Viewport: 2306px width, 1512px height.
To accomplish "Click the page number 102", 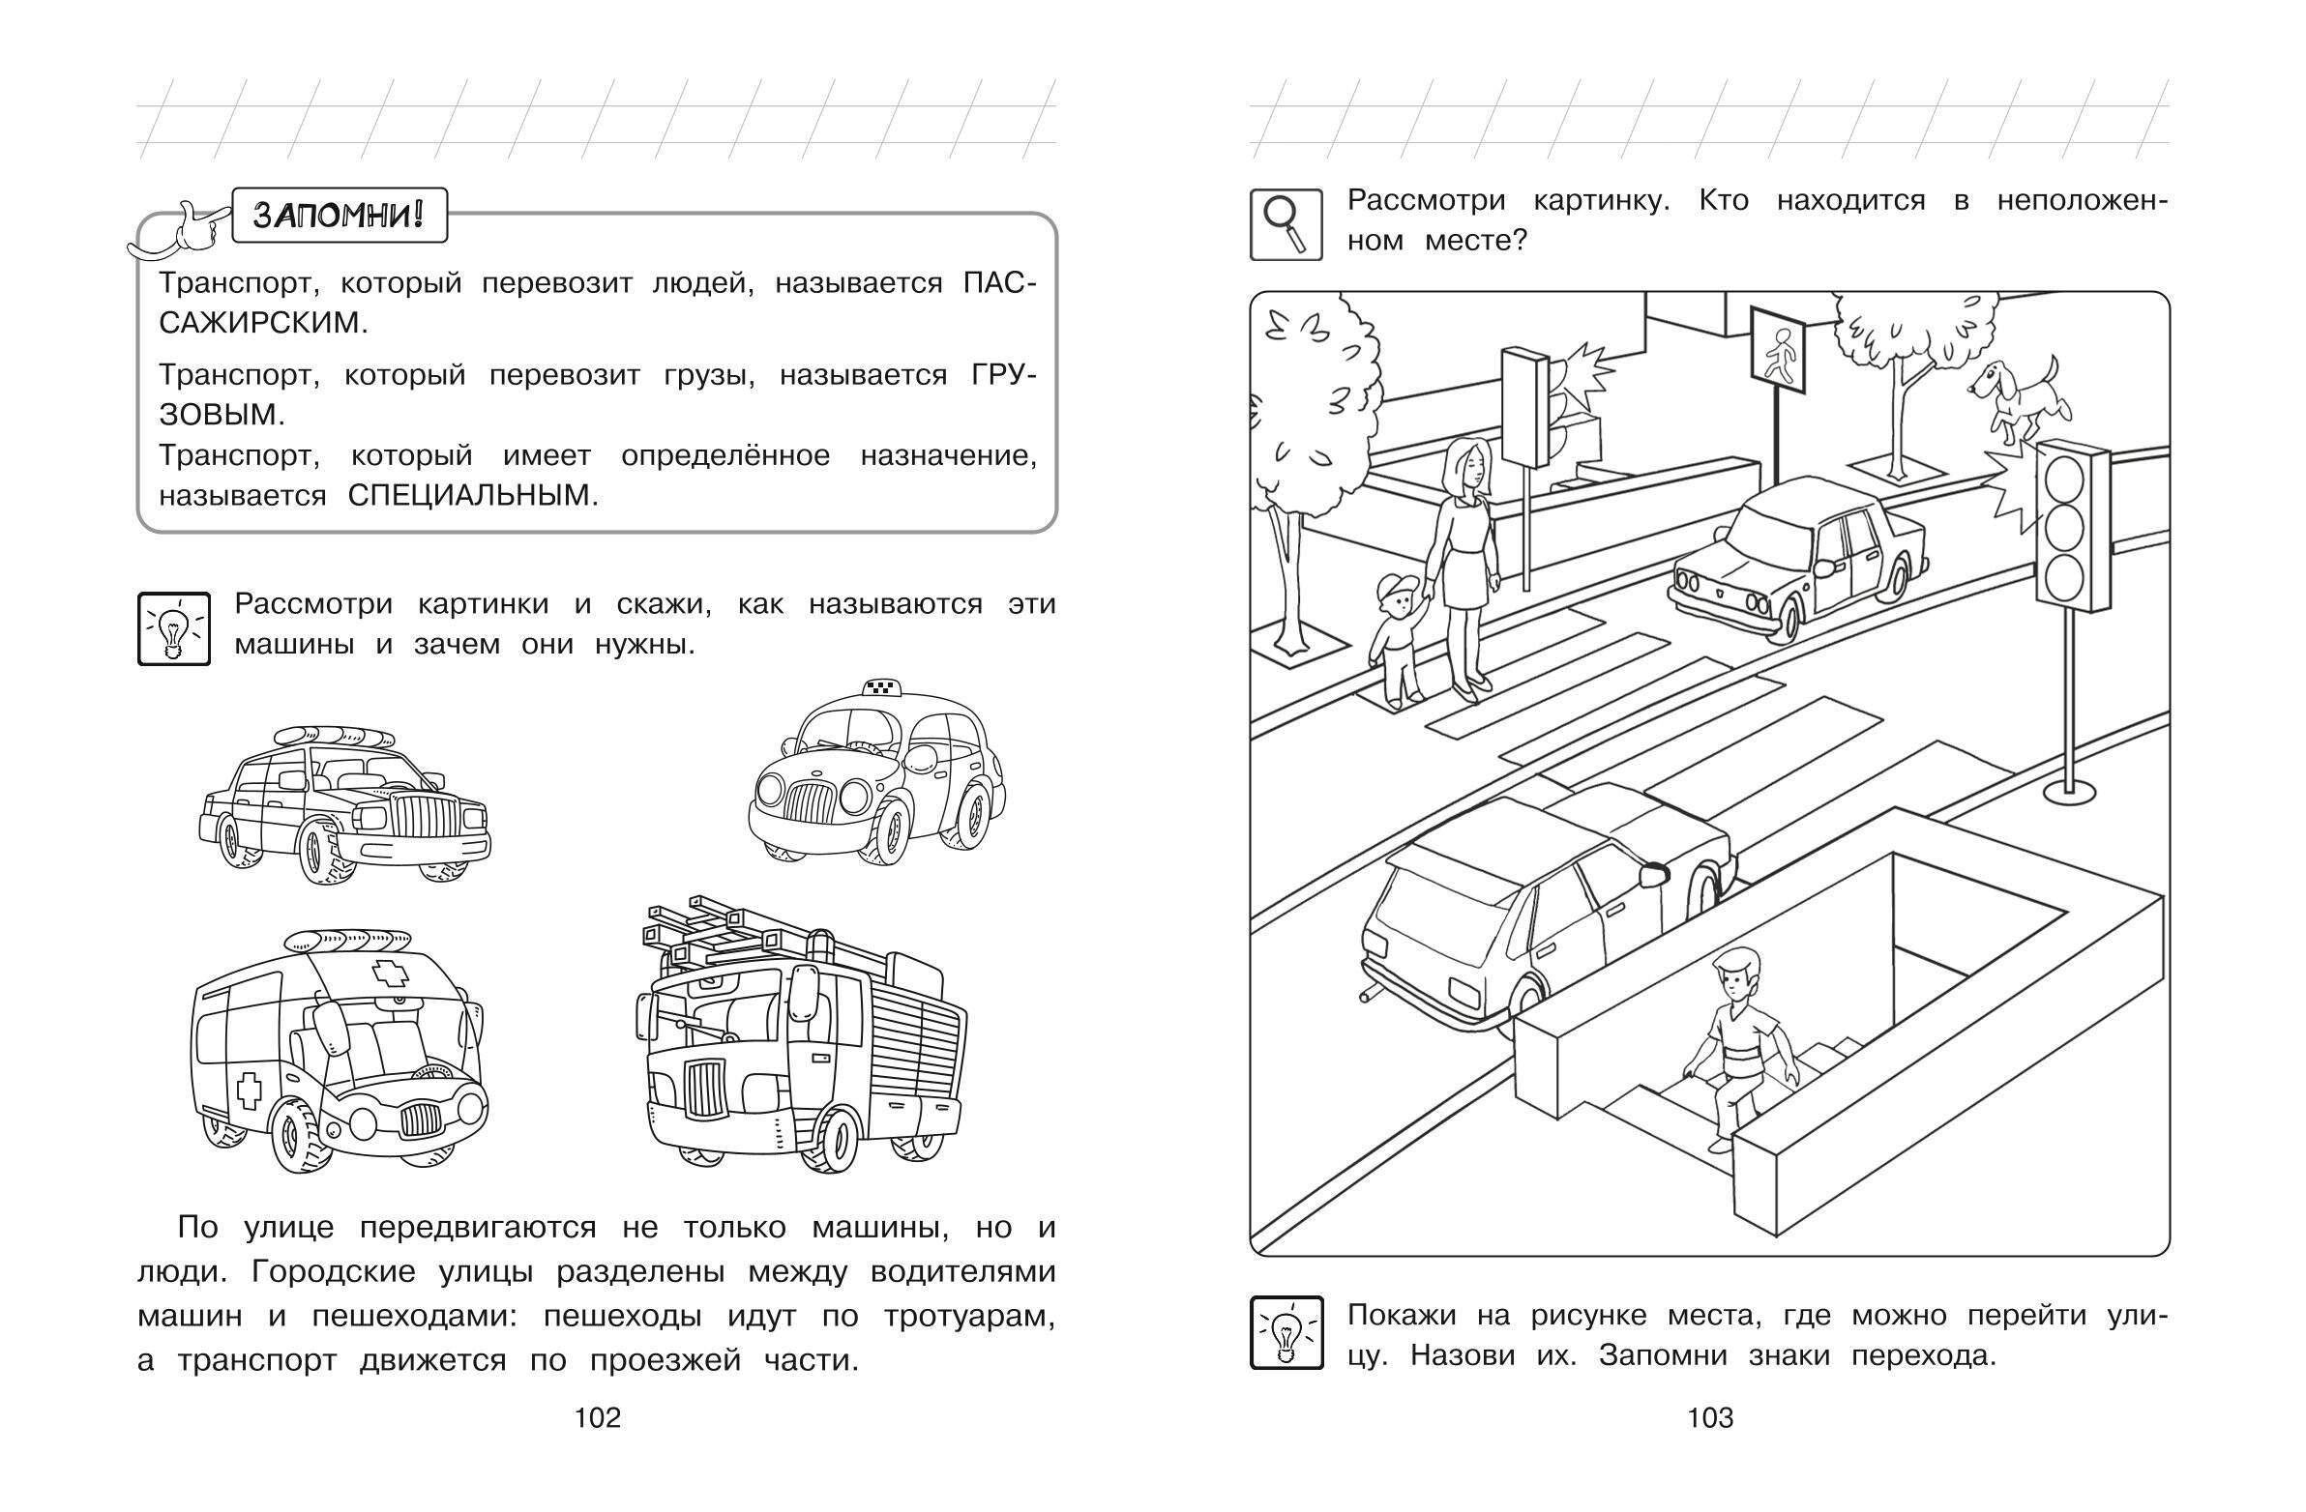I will click(x=597, y=1418).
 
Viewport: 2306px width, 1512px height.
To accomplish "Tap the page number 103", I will click(x=1710, y=1418).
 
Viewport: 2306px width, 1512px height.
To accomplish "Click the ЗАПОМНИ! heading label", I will click(x=339, y=214).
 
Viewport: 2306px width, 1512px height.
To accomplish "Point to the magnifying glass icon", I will click(x=1286, y=224).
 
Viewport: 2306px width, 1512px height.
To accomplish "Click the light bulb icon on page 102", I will click(x=173, y=628).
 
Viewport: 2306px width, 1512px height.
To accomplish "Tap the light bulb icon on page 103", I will click(x=1286, y=1333).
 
